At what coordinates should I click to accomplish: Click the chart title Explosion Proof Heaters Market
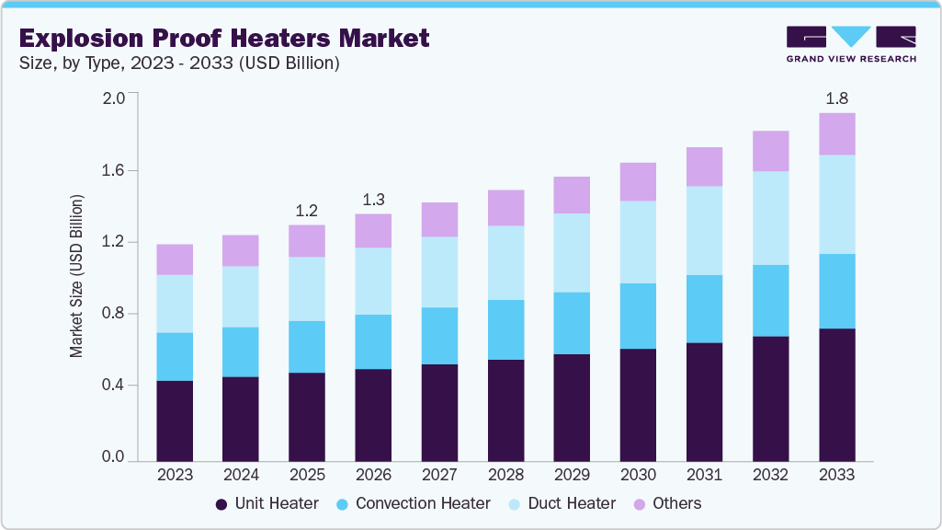(x=224, y=38)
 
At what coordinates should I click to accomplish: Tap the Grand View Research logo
(x=851, y=44)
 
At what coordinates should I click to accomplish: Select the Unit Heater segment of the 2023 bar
(x=175, y=420)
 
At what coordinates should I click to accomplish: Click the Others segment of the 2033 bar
(x=836, y=133)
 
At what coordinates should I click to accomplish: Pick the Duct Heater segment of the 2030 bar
(x=638, y=241)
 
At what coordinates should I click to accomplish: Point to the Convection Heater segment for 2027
(x=439, y=335)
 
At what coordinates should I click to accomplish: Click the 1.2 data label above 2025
(x=307, y=211)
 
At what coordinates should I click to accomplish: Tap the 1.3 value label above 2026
(x=373, y=200)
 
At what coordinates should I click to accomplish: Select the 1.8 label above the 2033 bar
(x=836, y=98)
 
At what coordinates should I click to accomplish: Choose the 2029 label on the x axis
(x=572, y=475)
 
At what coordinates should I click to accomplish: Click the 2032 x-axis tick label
(x=770, y=475)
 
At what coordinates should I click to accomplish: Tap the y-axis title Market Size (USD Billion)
(x=77, y=276)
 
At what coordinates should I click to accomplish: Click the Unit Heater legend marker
(x=221, y=504)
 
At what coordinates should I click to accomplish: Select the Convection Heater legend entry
(x=413, y=503)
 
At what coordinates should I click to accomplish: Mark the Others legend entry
(x=667, y=503)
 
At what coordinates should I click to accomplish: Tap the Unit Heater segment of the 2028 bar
(x=505, y=409)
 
